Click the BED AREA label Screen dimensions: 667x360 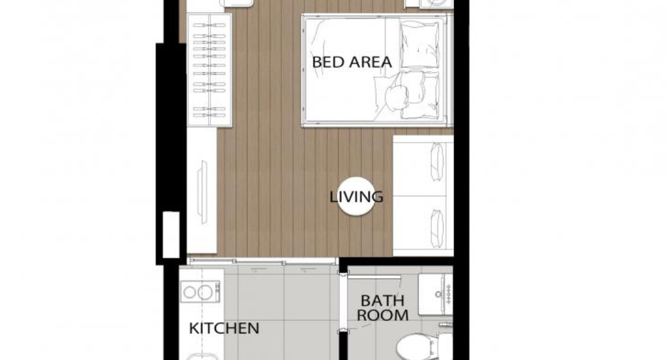coord(352,62)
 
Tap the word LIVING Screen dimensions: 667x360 coord(356,197)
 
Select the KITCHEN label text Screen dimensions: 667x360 coord(224,328)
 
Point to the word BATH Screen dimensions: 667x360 coord(383,301)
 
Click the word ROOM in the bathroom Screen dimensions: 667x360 coord(383,315)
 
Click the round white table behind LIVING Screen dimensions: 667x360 coord(356,197)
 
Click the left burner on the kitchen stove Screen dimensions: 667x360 coord(190,292)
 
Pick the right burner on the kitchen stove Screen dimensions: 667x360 coord(205,292)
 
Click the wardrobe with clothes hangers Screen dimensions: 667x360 coord(210,70)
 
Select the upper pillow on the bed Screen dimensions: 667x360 coord(420,44)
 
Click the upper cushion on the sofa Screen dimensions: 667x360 coord(438,161)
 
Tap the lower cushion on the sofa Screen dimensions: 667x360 coord(438,228)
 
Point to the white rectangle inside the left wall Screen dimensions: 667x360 coord(172,235)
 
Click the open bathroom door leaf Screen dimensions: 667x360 coord(374,277)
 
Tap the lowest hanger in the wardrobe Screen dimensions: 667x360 coord(210,115)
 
